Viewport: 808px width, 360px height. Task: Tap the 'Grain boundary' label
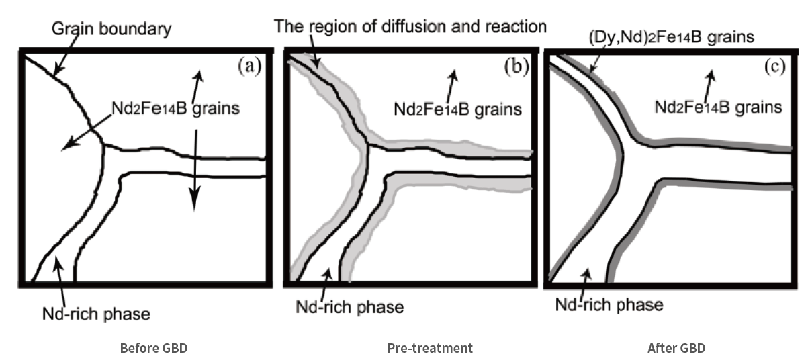tap(111, 29)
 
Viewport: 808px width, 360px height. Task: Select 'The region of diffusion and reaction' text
tap(410, 27)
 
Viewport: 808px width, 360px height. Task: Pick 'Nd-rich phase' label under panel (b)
tap(350, 308)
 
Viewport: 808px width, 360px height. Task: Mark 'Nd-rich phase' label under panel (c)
tap(609, 304)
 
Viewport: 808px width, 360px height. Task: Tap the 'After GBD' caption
tap(676, 348)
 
